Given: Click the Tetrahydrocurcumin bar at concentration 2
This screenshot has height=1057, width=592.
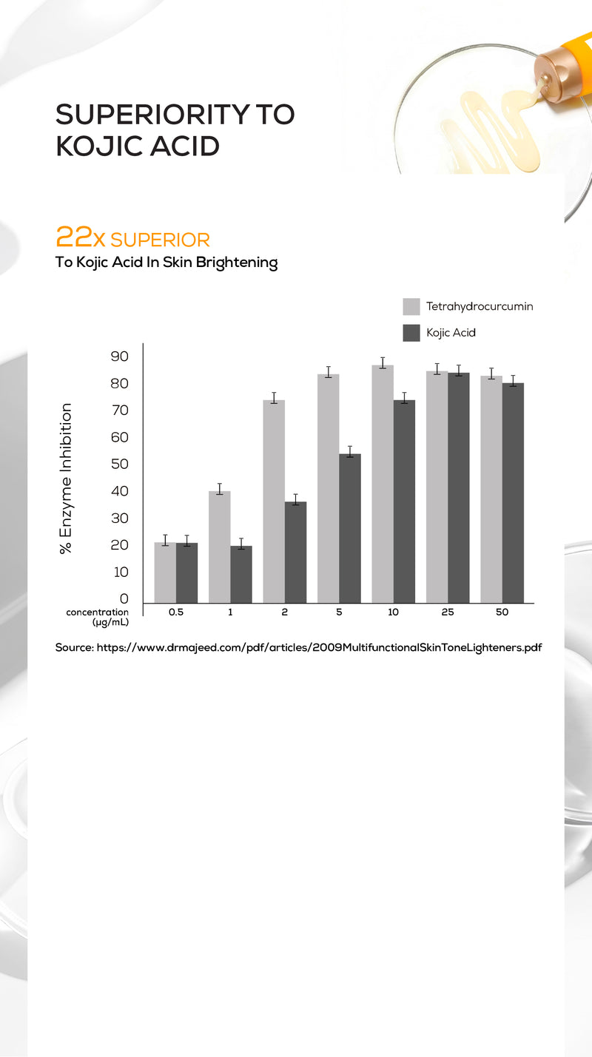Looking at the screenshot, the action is (274, 501).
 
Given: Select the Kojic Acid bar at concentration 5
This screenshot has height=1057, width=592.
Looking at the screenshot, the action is (350, 528).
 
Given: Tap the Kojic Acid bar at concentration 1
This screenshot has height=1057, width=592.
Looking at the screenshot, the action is (241, 574).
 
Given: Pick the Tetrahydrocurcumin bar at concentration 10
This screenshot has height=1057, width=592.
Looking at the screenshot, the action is (383, 484).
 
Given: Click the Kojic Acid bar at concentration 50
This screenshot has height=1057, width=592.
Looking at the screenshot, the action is (513, 493).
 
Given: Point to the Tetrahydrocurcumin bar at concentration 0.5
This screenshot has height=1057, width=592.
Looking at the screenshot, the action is (165, 573).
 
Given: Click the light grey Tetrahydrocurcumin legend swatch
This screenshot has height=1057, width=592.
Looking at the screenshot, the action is (411, 306).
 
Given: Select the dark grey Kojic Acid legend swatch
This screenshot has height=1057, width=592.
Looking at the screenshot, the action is (411, 333).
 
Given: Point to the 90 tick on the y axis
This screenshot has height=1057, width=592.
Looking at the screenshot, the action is (119, 357).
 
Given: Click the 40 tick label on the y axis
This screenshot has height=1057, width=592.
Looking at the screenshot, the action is (119, 491).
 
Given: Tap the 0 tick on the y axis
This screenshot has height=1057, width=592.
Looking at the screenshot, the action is (124, 599).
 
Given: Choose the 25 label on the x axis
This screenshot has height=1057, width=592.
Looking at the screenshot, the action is (448, 612).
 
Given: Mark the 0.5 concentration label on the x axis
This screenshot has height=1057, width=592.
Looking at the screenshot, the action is (176, 612).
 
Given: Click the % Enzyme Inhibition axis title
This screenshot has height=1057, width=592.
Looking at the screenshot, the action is (66, 478).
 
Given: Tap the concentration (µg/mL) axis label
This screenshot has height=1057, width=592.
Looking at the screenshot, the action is (97, 617).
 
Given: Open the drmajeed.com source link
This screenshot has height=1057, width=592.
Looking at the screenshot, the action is (319, 647).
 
